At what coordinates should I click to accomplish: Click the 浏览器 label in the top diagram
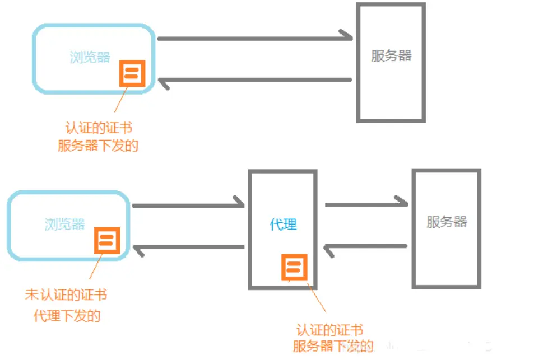tap(90, 57)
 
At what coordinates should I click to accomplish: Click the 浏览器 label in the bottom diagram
tap(64, 224)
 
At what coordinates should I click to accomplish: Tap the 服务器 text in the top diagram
tap(391, 55)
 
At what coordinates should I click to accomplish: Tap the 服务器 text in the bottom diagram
tap(446, 221)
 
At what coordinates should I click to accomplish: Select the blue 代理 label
tap(283, 225)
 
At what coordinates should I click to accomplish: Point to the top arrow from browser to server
tap(255, 39)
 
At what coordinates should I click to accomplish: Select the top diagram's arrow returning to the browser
tap(255, 81)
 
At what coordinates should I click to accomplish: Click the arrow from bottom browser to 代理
tap(188, 205)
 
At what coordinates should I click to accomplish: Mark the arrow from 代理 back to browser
tap(188, 247)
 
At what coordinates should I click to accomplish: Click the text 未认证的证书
tap(66, 295)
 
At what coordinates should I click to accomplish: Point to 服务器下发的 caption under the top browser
tap(98, 146)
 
